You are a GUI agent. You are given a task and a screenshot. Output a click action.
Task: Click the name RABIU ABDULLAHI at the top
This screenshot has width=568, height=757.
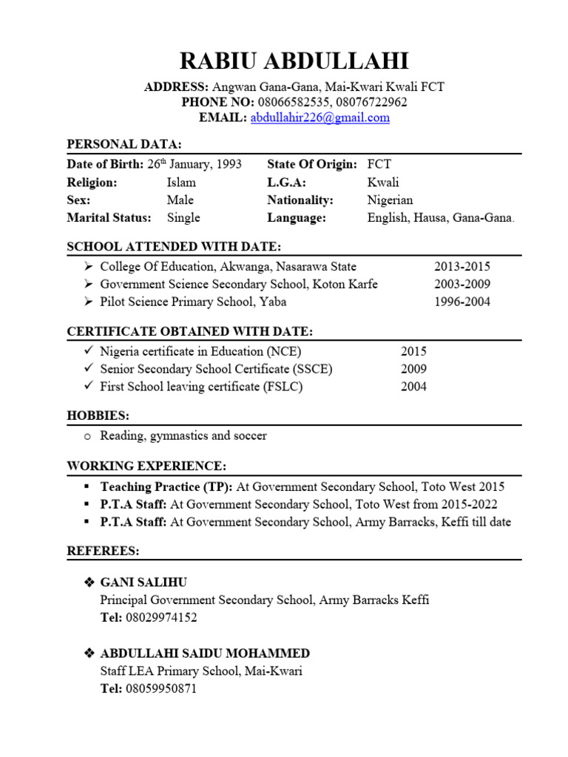coord(284,61)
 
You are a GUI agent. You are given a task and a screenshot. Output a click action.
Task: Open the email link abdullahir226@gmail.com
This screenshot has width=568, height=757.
coord(319,118)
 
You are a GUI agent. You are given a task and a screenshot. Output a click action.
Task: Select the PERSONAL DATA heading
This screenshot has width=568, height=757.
coord(124,144)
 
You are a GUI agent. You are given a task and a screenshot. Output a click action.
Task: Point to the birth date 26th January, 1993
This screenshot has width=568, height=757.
coord(195,164)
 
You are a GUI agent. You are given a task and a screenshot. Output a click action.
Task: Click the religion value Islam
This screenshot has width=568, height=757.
coord(181,182)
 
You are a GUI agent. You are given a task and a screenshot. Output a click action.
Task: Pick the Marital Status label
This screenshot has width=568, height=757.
coord(109,217)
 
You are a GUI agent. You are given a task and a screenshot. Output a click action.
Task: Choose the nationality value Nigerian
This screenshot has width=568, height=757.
coord(390,200)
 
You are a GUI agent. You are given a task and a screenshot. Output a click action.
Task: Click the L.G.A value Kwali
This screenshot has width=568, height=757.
coord(383,182)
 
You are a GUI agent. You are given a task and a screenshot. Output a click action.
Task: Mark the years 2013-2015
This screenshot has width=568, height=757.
coord(461,267)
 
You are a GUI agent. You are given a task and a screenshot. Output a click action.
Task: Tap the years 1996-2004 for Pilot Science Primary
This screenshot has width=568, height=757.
coord(461,302)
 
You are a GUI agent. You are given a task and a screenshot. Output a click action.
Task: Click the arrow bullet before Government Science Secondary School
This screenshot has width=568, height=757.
coord(88,285)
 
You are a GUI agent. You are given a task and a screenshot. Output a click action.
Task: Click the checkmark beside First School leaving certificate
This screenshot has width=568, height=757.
coord(88,387)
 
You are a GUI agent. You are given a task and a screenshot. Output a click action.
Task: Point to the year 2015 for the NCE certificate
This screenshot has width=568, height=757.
coord(413,352)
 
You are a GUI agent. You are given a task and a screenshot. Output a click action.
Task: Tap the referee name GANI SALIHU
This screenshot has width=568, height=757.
coord(138,583)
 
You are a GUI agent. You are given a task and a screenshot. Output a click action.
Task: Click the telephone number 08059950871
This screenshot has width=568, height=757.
coord(161,688)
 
